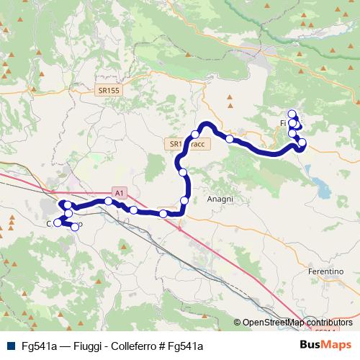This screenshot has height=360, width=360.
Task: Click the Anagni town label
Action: click(x=219, y=199)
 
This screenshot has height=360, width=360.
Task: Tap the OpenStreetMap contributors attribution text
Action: click(x=297, y=323)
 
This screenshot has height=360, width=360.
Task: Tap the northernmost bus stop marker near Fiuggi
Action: click(x=292, y=113)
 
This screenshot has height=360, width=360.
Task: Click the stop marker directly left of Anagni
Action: click(x=184, y=200)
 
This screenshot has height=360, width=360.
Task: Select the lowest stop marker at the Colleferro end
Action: click(x=75, y=228)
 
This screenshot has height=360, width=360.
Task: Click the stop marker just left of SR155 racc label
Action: click(x=183, y=171)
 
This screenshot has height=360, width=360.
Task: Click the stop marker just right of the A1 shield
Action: click(x=133, y=210)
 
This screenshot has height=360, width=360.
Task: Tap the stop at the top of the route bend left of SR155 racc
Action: click(x=195, y=135)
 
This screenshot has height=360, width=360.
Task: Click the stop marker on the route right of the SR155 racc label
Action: click(x=229, y=138)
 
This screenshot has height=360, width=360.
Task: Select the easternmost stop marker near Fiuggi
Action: click(x=302, y=143)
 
